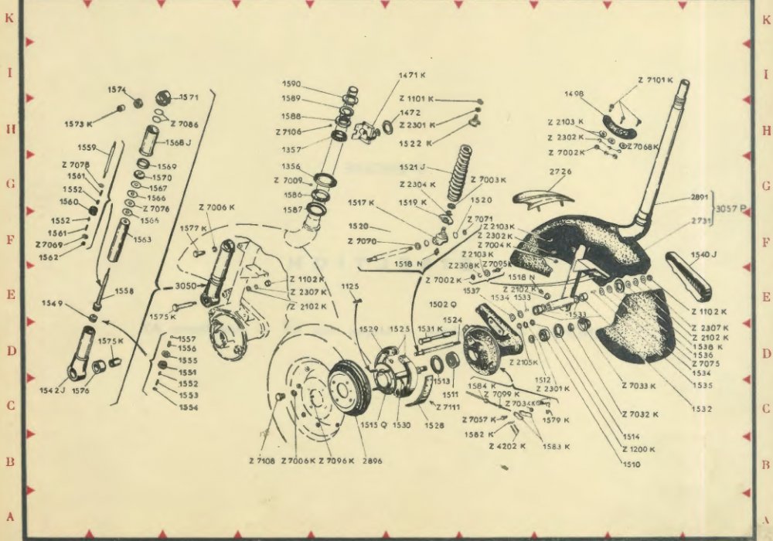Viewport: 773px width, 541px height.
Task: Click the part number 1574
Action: (117, 90)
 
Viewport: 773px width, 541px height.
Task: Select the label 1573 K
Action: (78, 124)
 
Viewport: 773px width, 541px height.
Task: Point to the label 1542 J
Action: (52, 391)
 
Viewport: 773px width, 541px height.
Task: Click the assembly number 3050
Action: (186, 285)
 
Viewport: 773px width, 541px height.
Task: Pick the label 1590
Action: (291, 83)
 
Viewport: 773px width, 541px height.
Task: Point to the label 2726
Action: (560, 172)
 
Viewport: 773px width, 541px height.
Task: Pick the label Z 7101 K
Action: (655, 80)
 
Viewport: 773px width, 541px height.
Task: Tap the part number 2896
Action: (371, 461)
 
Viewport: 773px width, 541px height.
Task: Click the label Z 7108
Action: (261, 461)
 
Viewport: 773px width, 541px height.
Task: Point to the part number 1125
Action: (350, 287)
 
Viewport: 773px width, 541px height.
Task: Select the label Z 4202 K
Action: (507, 446)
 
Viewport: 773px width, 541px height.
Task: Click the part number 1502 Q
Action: (444, 304)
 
